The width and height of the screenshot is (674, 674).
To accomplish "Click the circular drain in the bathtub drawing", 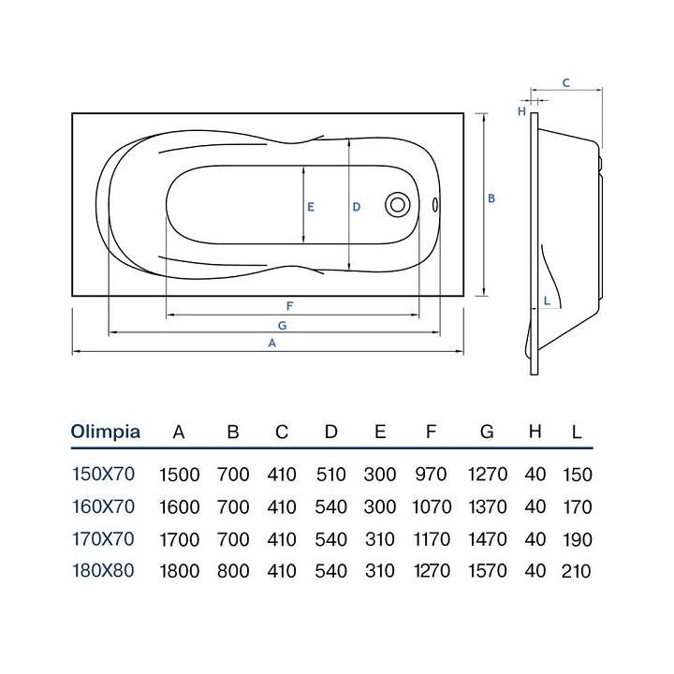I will (397, 205).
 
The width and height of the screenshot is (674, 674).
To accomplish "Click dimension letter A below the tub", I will (272, 344).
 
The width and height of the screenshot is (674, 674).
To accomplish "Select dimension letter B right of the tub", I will (491, 198).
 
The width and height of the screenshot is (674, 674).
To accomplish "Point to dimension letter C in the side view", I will (565, 82).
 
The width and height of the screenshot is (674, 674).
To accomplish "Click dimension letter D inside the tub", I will (357, 207).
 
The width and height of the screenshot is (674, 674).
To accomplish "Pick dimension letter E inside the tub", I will (310, 207).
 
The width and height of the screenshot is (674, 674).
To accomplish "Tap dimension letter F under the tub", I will (291, 306).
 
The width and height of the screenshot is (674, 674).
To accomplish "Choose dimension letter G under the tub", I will (282, 325).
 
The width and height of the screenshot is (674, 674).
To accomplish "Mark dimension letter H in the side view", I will (521, 111).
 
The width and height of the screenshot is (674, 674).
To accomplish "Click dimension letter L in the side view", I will (546, 300).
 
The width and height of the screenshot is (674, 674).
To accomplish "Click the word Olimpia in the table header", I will (106, 432).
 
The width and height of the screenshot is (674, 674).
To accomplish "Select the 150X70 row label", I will (103, 474).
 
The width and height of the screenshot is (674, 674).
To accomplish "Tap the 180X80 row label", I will (103, 570).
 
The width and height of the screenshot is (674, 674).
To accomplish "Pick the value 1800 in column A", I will (180, 571).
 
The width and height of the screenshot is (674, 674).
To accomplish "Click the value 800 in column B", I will (233, 571).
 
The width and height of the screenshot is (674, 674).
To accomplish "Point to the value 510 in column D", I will (330, 475).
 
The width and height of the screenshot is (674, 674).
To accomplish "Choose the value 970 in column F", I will (431, 475).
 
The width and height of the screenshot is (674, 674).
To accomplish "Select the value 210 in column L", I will (577, 571).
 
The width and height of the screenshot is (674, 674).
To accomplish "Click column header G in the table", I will (487, 432).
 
